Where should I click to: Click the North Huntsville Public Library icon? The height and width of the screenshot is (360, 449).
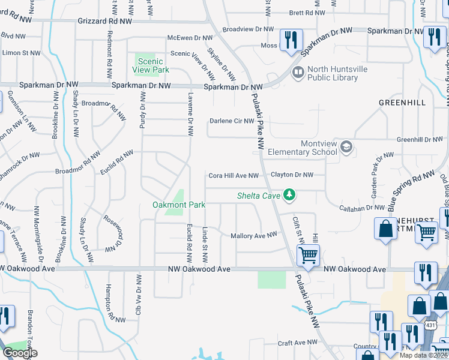point(297,73)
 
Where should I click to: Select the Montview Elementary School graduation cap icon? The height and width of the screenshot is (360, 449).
point(346,146)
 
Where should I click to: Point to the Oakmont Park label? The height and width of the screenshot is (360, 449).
point(179,205)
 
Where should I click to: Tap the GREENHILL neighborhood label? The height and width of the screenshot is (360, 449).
point(402,103)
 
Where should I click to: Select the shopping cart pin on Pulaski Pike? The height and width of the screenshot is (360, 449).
point(308,256)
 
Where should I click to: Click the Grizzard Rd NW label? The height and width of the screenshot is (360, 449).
point(104,20)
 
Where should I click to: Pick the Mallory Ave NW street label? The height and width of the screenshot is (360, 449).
point(254,236)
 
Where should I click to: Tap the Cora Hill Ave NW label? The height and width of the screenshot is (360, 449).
point(234,176)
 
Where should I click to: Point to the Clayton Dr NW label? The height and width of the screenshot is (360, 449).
point(292,175)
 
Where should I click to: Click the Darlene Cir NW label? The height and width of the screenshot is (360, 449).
point(232,121)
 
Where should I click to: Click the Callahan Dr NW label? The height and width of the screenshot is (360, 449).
point(362,207)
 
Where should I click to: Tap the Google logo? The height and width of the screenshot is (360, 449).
point(20,353)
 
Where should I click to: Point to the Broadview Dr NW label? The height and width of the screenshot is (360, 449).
point(247,29)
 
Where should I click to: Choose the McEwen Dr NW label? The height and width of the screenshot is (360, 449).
point(190,38)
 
